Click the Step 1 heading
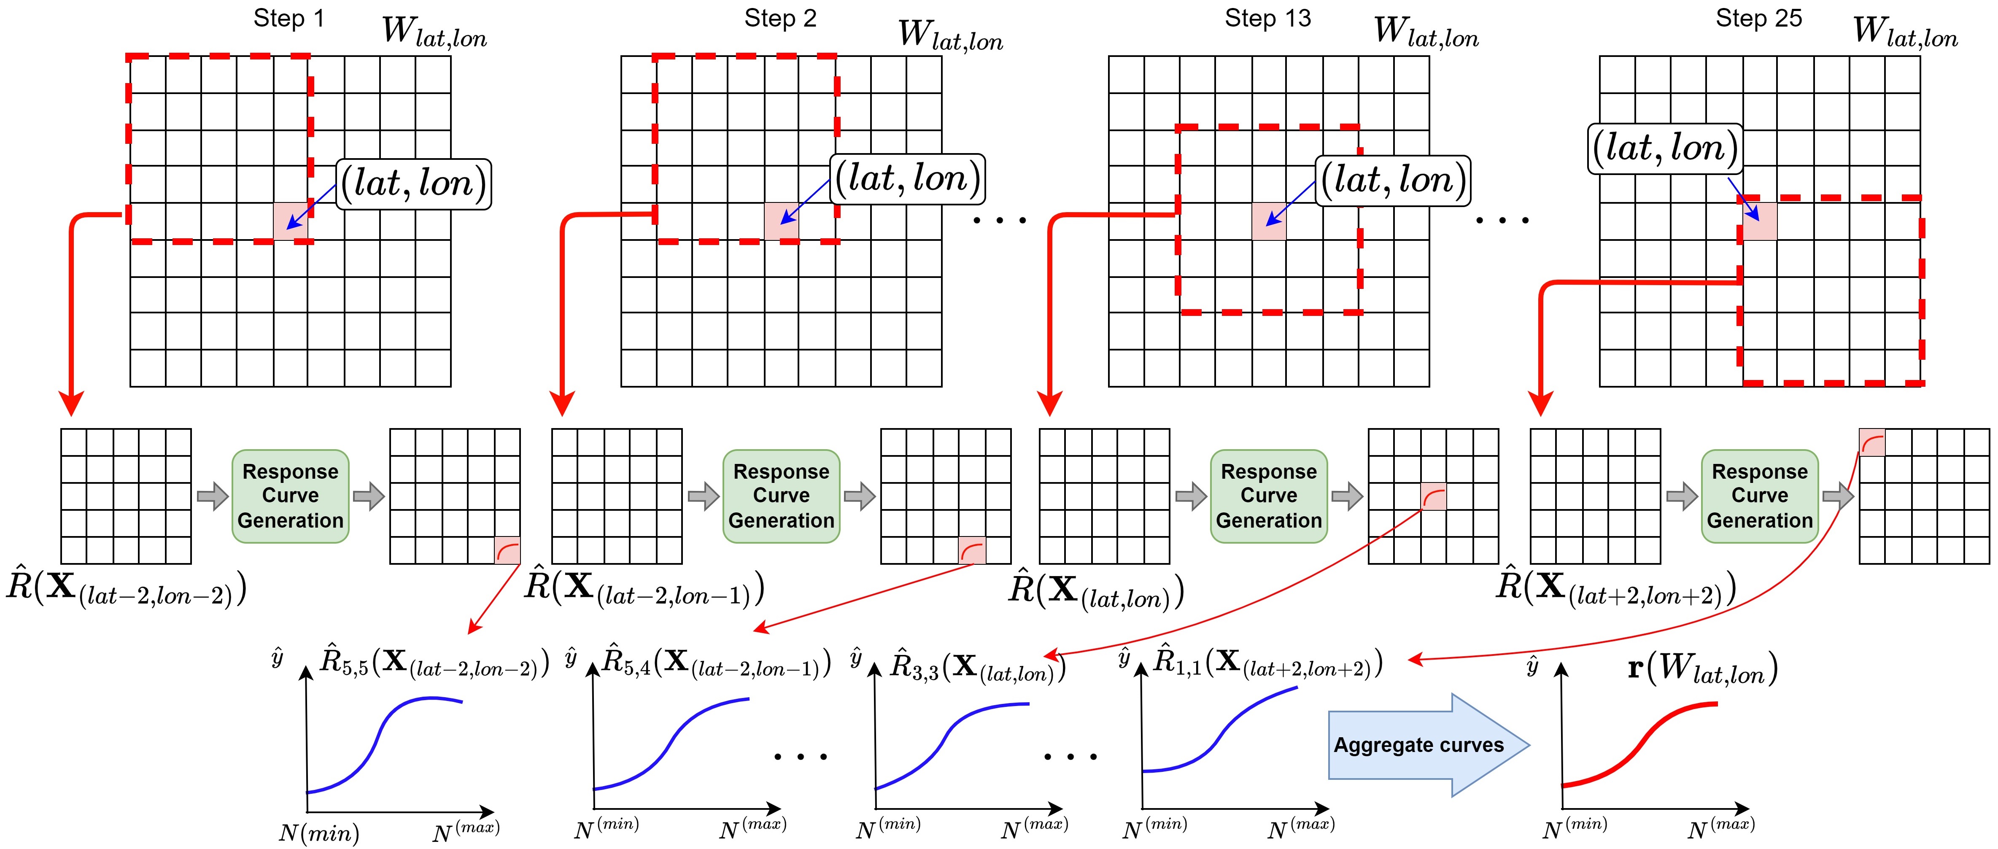[289, 19]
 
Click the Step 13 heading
[1267, 19]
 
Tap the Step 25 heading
[1758, 19]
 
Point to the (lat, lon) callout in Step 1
[413, 184]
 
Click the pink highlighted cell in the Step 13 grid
[1269, 221]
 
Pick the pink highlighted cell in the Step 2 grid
[781, 221]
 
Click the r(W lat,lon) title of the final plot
[1702, 668]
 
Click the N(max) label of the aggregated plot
[1720, 828]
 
